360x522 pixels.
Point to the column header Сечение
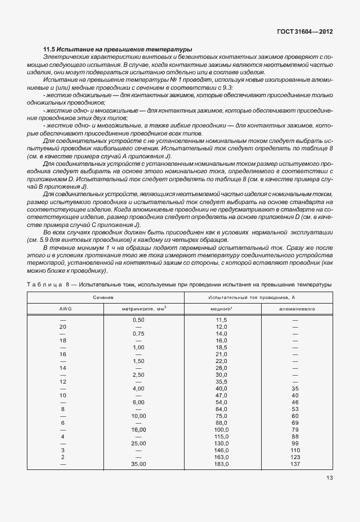pyautogui.click(x=104, y=298)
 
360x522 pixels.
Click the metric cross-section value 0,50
pyautogui.click(x=138, y=320)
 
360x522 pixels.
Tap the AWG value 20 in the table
pyautogui.click(x=63, y=326)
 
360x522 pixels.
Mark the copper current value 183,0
pyautogui.click(x=222, y=464)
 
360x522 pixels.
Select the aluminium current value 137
pyautogui.click(x=295, y=464)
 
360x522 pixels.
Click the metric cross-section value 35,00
pyautogui.click(x=138, y=464)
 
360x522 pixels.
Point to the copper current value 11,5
pyautogui.click(x=222, y=320)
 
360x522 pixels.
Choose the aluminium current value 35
pyautogui.click(x=295, y=388)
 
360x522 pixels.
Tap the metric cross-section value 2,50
pyautogui.click(x=138, y=374)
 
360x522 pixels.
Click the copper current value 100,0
pyautogui.click(x=222, y=429)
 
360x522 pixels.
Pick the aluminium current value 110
pyautogui.click(x=295, y=450)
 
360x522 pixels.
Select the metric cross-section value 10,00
pyautogui.click(x=138, y=416)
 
